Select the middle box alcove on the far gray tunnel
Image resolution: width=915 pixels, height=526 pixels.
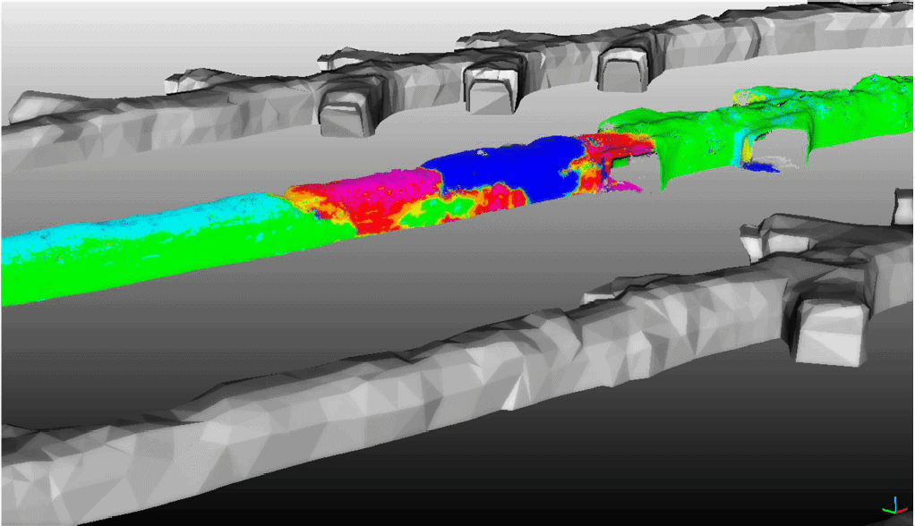492,89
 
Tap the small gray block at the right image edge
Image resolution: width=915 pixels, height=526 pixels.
902,207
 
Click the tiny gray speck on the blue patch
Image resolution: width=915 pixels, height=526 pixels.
483,153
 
